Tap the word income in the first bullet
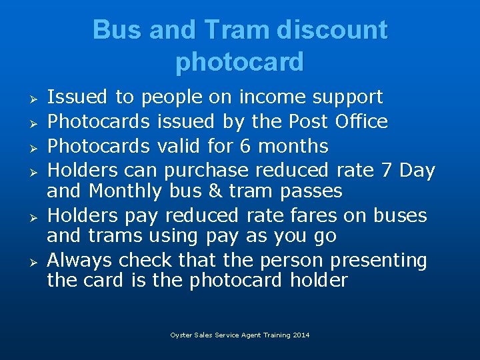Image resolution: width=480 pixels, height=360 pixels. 270,97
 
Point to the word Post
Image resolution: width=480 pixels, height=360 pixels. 308,122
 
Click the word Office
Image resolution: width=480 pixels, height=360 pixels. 361,122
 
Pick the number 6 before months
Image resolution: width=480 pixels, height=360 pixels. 245,146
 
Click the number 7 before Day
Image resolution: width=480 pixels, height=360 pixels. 386,171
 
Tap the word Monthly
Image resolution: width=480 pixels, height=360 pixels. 125,191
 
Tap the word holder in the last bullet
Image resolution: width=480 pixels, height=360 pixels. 319,280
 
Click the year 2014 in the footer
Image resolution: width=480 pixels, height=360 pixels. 301,335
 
